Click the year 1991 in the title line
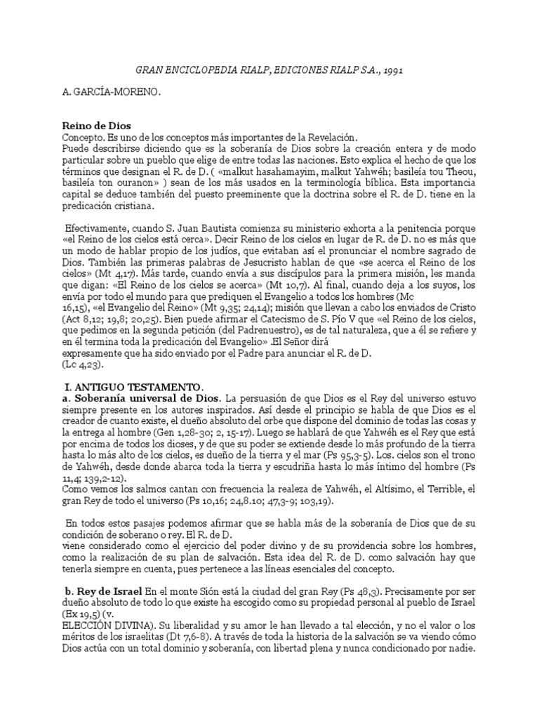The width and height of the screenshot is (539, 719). pos(391,70)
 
